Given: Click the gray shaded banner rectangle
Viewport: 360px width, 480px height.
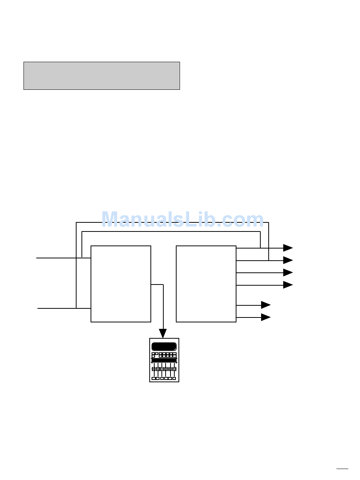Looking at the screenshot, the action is [102, 76].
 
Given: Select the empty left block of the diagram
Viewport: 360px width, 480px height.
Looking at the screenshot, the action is [121, 284].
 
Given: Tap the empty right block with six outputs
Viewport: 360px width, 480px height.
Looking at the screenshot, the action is [206, 284].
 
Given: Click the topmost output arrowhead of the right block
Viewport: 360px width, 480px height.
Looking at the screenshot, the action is [288, 248].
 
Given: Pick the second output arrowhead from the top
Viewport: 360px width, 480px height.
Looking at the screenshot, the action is [288, 260].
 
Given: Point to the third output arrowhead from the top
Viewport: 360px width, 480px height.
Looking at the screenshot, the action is [288, 272].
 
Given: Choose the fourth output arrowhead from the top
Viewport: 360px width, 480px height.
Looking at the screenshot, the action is [288, 285].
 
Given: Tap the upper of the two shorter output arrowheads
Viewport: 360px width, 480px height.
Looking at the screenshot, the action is [266, 305].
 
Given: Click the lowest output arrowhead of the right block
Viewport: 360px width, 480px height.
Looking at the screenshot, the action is [266, 317].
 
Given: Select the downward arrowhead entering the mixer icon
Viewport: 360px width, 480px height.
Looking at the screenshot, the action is [163, 333].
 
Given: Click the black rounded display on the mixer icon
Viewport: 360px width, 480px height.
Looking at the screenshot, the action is [164, 347].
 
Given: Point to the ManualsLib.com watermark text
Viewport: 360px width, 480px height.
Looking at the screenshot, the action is [182, 220].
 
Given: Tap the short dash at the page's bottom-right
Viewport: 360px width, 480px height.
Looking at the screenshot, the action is [342, 469].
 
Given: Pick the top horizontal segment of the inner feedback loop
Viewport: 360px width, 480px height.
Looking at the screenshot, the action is [171, 231].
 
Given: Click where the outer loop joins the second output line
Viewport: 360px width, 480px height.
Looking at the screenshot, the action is [269, 260].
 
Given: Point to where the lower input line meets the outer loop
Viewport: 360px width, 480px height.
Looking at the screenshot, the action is [76, 308].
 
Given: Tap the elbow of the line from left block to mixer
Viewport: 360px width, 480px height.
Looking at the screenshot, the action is [163, 285].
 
